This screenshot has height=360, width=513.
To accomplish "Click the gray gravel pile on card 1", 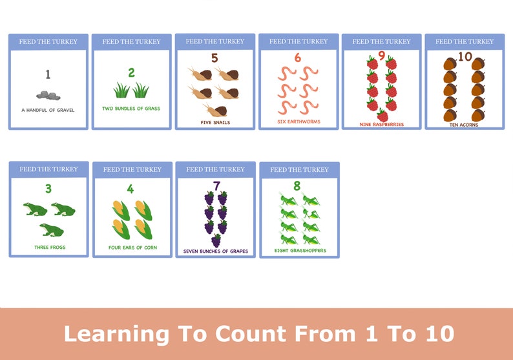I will pyautogui.click(x=48, y=95).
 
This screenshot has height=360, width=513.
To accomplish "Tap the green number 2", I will pyautogui.click(x=131, y=72).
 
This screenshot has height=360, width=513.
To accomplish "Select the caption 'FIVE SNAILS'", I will pyautogui.click(x=215, y=122).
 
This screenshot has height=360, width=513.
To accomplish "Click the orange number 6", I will pyautogui.click(x=298, y=58).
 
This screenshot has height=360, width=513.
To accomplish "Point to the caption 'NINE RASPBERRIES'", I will pyautogui.click(x=382, y=124).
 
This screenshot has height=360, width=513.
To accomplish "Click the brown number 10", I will pyautogui.click(x=465, y=57).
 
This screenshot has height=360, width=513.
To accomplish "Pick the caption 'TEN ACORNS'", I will pyautogui.click(x=465, y=125).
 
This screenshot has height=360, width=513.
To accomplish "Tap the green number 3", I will pyautogui.click(x=48, y=189).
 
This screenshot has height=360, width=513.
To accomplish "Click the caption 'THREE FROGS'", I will pyautogui.click(x=50, y=247).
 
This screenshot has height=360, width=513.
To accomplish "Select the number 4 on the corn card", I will pyautogui.click(x=131, y=189).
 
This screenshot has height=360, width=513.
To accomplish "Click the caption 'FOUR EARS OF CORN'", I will pyautogui.click(x=132, y=248).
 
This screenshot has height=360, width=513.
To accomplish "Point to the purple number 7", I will pyautogui.click(x=216, y=187).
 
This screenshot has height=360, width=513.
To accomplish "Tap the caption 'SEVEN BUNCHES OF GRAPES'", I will pyautogui.click(x=215, y=251).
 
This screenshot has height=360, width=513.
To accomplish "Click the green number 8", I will pyautogui.click(x=297, y=186).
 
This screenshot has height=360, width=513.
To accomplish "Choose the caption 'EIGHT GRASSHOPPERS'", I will pyautogui.click(x=300, y=250).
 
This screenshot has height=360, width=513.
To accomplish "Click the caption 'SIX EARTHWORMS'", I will pyautogui.click(x=299, y=122).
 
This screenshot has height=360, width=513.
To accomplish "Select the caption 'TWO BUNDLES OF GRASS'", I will pyautogui.click(x=131, y=108).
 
